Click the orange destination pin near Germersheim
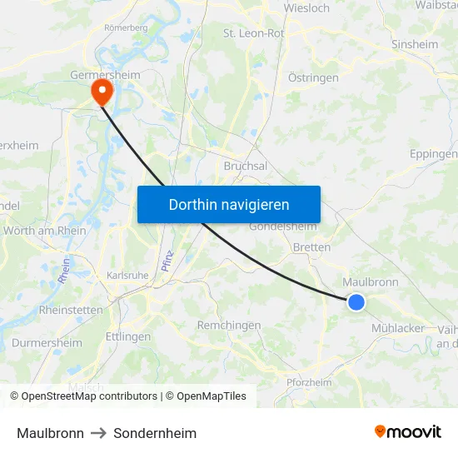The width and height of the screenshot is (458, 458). tap(102, 90)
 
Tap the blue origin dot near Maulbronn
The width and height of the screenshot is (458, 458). tap(356, 301)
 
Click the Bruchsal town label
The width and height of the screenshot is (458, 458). tap(245, 166)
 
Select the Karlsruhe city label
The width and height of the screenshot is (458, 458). tap(127, 275)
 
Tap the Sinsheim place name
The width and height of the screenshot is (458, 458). tap(415, 44)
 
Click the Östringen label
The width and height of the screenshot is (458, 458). tap(313, 77)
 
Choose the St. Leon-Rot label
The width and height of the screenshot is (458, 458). tap(253, 33)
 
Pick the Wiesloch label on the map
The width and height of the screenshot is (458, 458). tap(306, 8)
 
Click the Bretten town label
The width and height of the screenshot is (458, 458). tap(311, 247)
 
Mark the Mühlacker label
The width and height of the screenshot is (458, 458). tap(398, 328)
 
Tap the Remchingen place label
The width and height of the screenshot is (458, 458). tap(229, 326)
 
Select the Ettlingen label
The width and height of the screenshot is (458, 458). tap(128, 337)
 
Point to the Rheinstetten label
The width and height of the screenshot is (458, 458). tap(71, 310)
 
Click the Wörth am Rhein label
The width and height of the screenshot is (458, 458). tap(45, 231)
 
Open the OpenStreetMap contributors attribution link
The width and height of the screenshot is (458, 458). tap(89, 396)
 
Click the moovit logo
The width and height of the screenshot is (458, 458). tap(408, 431)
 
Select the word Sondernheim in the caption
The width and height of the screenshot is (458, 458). tap(155, 433)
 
